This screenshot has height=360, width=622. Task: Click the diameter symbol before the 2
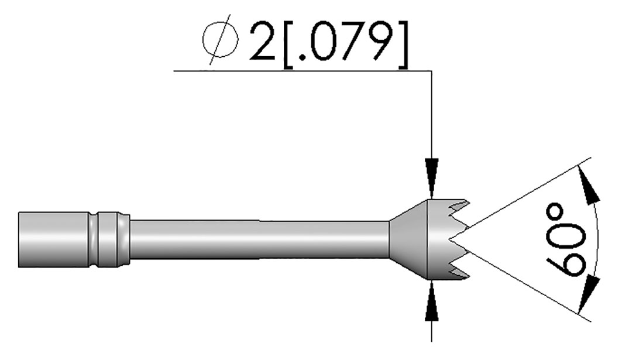220,40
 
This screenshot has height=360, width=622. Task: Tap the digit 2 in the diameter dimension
263,42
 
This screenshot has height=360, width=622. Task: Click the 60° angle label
566,240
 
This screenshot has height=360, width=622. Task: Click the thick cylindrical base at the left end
54,239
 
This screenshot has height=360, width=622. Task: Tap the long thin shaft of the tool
260,239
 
